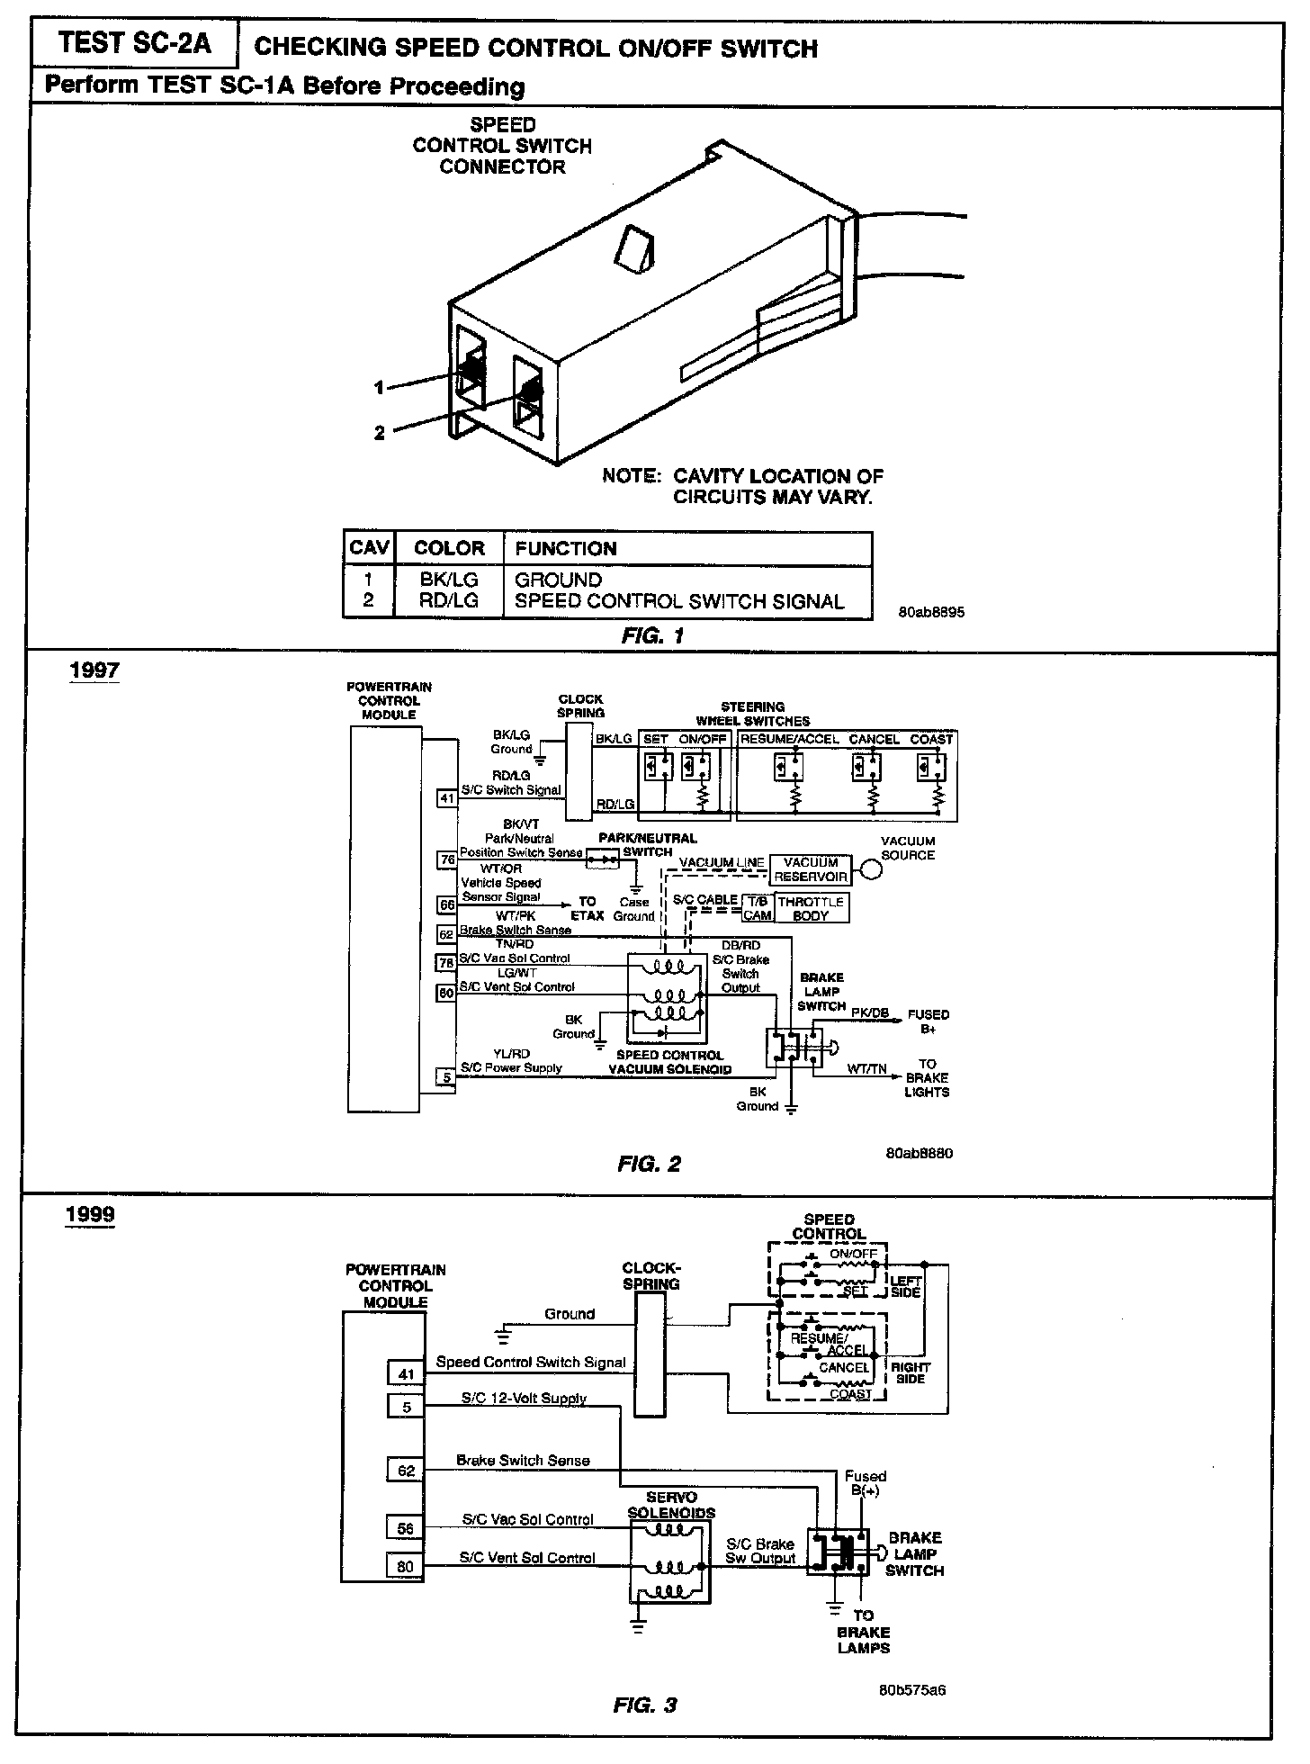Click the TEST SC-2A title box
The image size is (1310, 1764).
135,43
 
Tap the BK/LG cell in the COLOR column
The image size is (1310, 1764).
449,580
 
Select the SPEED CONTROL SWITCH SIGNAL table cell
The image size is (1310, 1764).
679,601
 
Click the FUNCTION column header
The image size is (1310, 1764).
566,548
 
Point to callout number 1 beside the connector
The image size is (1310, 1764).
380,387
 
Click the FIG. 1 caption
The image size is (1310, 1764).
652,635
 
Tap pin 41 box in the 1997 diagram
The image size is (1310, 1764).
447,796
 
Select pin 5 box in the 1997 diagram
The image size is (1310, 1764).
446,1076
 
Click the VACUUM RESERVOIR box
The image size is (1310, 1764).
812,869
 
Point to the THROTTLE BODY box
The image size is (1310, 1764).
811,908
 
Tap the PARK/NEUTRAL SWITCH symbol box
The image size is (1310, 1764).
603,860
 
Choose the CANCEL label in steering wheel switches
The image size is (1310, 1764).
874,739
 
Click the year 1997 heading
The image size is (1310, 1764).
94,670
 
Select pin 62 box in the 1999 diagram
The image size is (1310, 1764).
407,1470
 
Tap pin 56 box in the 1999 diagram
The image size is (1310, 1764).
407,1527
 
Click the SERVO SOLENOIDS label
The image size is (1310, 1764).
671,1505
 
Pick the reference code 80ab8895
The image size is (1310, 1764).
931,612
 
